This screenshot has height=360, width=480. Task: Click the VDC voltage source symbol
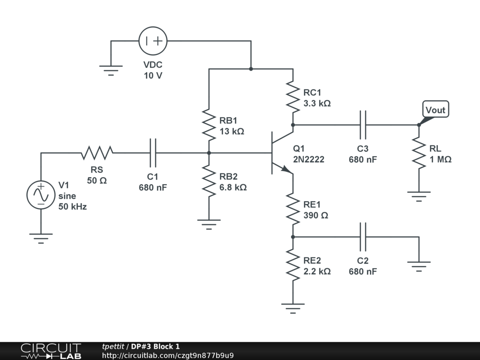(153, 41)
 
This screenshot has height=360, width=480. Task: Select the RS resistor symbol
(97, 153)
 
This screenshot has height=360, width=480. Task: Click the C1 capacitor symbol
(153, 153)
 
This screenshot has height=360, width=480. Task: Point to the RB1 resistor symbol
(209, 125)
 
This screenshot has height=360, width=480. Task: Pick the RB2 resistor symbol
(209, 181)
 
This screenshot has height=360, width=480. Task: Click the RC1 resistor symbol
(293, 97)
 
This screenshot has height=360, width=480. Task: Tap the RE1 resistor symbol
(293, 209)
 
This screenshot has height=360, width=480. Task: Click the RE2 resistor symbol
(293, 265)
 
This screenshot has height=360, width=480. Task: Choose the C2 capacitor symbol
(363, 237)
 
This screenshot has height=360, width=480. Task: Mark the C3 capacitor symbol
(363, 125)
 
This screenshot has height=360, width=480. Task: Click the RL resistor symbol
(419, 153)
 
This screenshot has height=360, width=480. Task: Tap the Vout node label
(435, 110)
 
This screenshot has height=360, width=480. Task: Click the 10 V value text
(153, 75)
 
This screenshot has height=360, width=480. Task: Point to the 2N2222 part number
(308, 159)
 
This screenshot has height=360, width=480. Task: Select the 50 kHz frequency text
(72, 206)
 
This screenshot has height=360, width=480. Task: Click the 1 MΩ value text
(440, 159)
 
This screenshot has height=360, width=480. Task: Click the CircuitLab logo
(50, 351)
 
